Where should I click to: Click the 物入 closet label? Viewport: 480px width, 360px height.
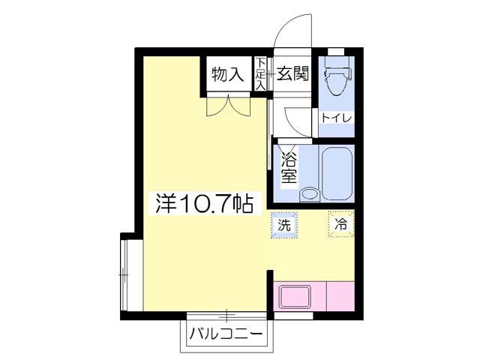[x=226, y=74]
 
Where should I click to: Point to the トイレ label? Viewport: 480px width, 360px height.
[x=334, y=118]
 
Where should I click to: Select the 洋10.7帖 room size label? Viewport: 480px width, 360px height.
[x=203, y=203]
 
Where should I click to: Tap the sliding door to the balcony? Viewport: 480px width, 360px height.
[x=225, y=315]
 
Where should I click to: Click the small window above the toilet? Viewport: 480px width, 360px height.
[x=336, y=51]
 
